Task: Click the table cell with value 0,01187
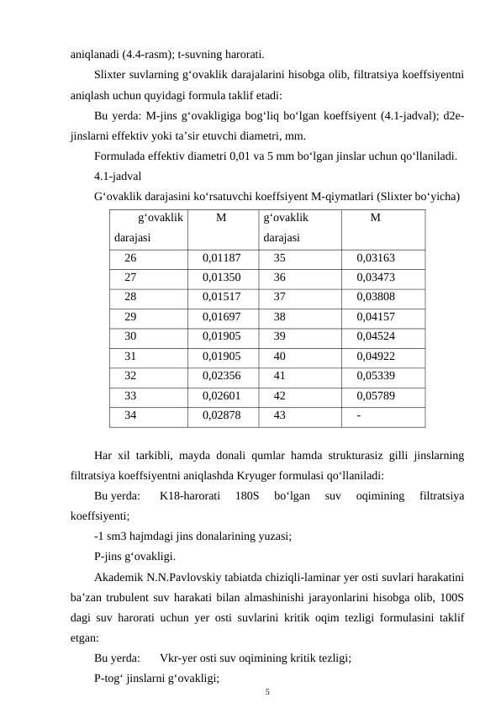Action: tap(222, 258)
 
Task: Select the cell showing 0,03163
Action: tap(376, 258)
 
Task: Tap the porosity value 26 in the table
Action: tap(131, 258)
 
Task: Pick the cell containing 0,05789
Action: tap(376, 394)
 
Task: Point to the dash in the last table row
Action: tap(359, 415)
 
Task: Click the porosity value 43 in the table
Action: tap(280, 415)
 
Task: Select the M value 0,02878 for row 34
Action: tap(222, 415)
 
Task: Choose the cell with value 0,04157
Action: tap(376, 317)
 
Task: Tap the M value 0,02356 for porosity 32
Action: tap(222, 375)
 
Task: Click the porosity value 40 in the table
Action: tap(280, 356)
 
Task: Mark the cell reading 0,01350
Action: tap(222, 277)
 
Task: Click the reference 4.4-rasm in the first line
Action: tap(148, 51)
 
